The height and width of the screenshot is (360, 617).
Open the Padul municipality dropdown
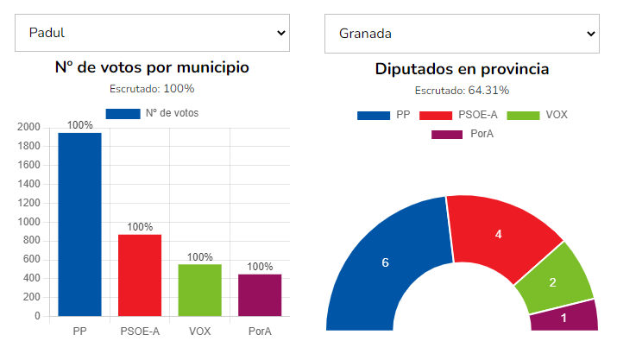coord(152,33)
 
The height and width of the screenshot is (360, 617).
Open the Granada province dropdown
coord(462,33)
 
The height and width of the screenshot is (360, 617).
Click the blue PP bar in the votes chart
coord(79,224)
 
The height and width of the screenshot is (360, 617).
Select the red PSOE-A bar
coord(140,275)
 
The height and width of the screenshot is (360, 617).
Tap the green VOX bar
coord(199,290)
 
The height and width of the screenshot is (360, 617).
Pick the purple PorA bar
coord(260,294)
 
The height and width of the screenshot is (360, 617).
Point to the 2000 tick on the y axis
coord(29,127)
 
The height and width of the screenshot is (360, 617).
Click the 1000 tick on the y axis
coord(29,222)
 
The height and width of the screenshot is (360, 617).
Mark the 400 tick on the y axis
coord(33,278)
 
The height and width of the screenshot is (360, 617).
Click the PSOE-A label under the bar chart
coord(140,332)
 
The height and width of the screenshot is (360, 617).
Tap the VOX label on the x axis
coord(199,332)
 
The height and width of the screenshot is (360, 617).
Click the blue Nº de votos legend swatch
coord(123,113)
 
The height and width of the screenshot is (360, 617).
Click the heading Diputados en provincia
coord(462,69)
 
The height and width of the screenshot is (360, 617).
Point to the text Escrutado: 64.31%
coord(462,90)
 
